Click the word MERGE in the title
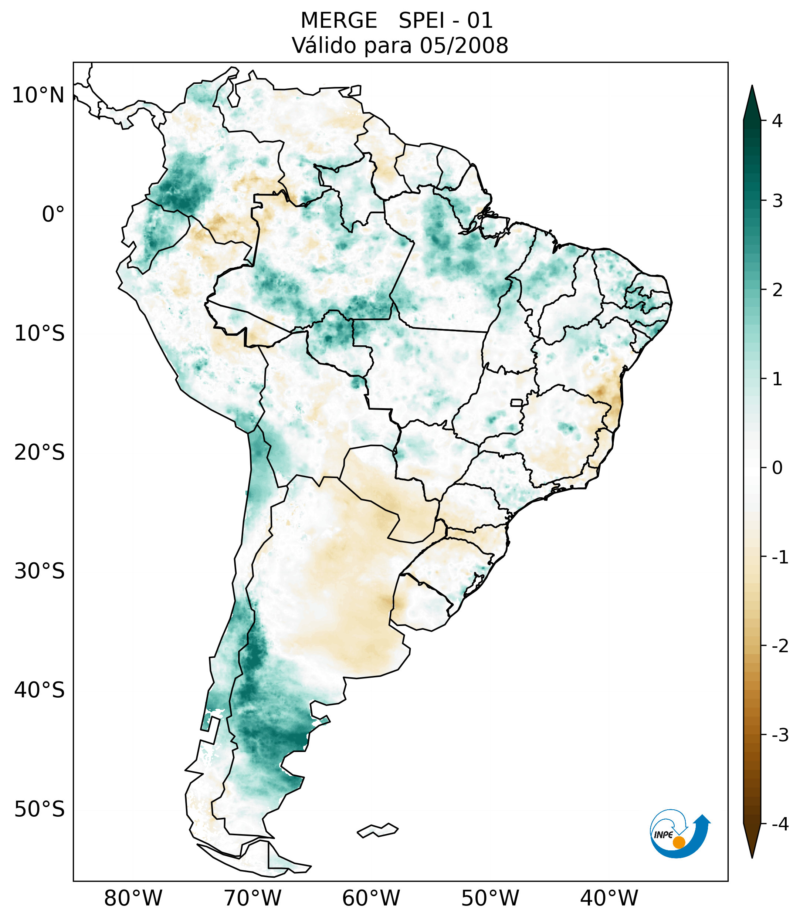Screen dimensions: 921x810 [x=339, y=21]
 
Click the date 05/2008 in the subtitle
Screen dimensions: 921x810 [x=464, y=45]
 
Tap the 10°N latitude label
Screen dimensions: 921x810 [x=38, y=95]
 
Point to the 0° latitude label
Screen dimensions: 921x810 [x=53, y=214]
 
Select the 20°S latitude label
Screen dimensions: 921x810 [x=40, y=453]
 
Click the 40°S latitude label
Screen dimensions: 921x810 [x=40, y=690]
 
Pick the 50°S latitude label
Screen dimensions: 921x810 [x=40, y=810]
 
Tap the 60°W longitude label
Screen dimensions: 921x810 [x=371, y=898]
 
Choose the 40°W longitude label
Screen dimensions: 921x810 [x=609, y=898]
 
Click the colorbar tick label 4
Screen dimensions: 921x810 [x=777, y=121]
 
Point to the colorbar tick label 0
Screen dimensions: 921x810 [x=777, y=468]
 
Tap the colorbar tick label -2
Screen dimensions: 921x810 [x=780, y=647]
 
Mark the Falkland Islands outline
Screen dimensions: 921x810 [x=377, y=830]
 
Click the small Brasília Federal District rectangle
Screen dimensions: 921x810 [x=517, y=402]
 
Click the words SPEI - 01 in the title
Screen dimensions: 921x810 [x=446, y=21]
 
